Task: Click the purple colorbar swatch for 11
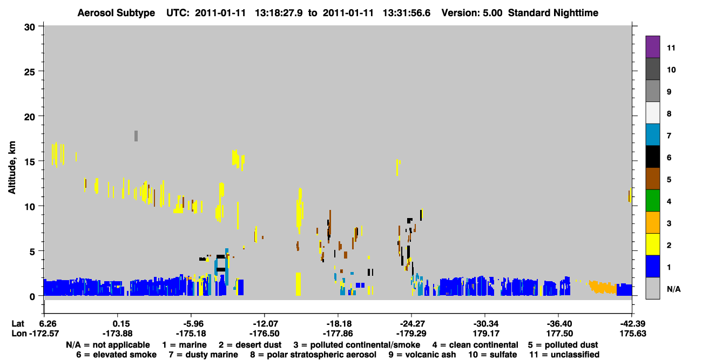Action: coord(652,46)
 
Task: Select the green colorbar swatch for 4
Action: coord(652,201)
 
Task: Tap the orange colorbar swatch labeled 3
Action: coord(652,222)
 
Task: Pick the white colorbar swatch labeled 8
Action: coord(652,113)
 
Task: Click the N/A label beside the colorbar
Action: coord(673,289)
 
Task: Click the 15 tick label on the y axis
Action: coord(30,162)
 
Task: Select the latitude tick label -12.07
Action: coord(265,323)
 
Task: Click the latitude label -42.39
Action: coord(633,323)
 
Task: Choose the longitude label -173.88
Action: coord(118,334)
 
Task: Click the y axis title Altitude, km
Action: coord(12,167)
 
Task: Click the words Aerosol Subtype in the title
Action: coord(116,13)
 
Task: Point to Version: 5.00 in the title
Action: coord(472,13)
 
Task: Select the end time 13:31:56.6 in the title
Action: coord(407,13)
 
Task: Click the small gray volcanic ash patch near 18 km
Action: coord(136,136)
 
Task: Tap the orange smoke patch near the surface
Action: coord(602,287)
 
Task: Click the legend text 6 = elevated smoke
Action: coord(116,355)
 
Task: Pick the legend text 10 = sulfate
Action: coord(492,355)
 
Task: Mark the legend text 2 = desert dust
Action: coord(250,345)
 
